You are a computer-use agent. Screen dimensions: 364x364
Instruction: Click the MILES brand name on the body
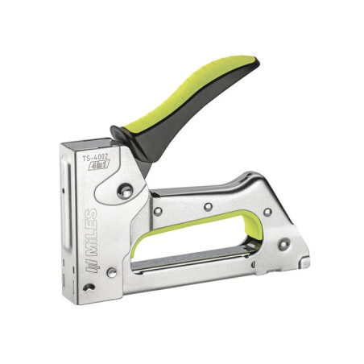coord(93,230)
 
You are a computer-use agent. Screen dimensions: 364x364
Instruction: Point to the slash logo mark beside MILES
coord(93,261)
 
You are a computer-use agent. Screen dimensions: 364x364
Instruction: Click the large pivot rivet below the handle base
coord(124,191)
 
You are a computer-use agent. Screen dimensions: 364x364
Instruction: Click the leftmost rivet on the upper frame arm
coord(158,210)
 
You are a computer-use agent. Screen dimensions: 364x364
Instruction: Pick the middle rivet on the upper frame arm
coord(208,207)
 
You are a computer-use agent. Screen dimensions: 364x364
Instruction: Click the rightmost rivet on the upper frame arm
coord(267,213)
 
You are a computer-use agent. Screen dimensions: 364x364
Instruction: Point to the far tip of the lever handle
coord(256,64)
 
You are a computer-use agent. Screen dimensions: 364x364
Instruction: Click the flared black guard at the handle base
coord(121,134)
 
